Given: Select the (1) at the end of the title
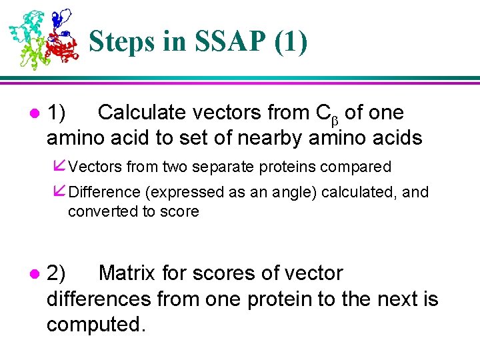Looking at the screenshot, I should (291, 41).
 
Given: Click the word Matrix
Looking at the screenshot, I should (135, 273).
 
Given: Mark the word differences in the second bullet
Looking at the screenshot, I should (99, 299).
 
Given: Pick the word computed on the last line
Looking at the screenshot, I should (95, 325).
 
